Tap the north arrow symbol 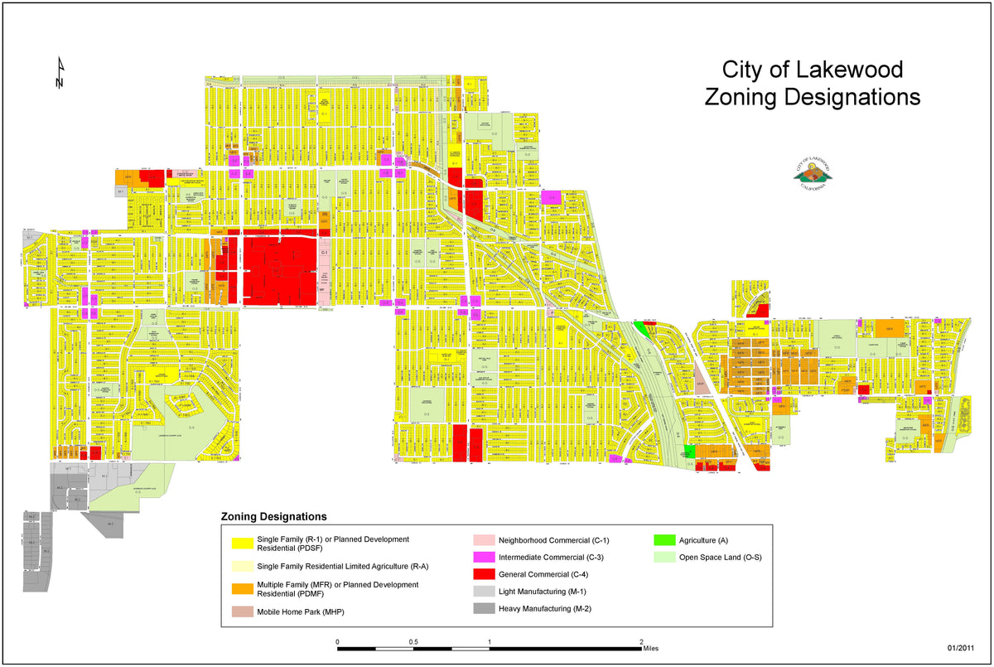pyautogui.click(x=60, y=74)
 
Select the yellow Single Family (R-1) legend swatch pyautogui.click(x=242, y=544)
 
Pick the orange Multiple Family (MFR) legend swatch pyautogui.click(x=242, y=589)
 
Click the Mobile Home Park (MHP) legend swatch pyautogui.click(x=242, y=612)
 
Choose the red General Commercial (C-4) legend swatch pyautogui.click(x=484, y=574)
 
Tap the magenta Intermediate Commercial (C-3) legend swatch pyautogui.click(x=484, y=557)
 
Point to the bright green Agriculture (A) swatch pyautogui.click(x=664, y=540)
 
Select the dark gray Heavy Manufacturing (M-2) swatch pyautogui.click(x=484, y=609)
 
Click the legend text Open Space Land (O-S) pyautogui.click(x=720, y=557)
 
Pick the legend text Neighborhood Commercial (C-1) pyautogui.click(x=553, y=540)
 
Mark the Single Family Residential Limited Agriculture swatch pyautogui.click(x=242, y=566)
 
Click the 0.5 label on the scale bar pyautogui.click(x=413, y=642)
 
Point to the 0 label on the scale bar pyautogui.click(x=337, y=642)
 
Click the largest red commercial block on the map pyautogui.click(x=280, y=268)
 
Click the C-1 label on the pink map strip pyautogui.click(x=325, y=252)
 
